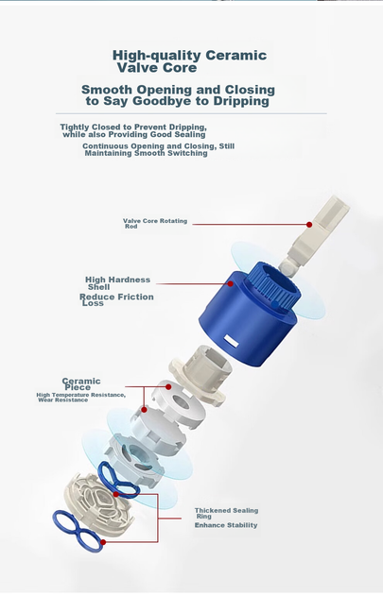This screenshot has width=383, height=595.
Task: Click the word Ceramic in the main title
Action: (x=236, y=55)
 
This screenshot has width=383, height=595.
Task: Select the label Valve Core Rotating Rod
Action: (x=155, y=223)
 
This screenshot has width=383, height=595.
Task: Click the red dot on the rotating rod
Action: (x=309, y=225)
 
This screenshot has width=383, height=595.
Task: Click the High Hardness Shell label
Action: (x=117, y=283)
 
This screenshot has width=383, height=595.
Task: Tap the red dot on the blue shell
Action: (x=230, y=284)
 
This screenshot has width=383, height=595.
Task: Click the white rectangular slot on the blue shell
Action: (x=231, y=341)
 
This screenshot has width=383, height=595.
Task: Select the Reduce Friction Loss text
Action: (x=116, y=299)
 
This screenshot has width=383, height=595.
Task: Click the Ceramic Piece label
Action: (x=81, y=383)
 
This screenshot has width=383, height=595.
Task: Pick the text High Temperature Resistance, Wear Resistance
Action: (x=81, y=398)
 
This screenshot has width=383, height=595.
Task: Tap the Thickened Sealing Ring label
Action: (x=226, y=513)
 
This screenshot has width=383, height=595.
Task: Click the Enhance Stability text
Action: (x=226, y=525)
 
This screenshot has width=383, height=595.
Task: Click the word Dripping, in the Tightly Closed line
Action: (x=187, y=127)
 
